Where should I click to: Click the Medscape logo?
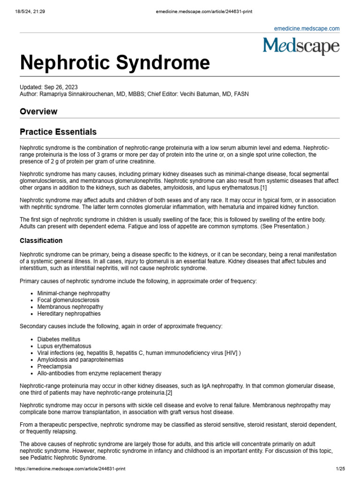(x=301, y=46)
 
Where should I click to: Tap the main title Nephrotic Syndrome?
(x=115, y=63)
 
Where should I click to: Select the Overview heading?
(x=38, y=112)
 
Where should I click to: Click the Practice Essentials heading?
(x=58, y=132)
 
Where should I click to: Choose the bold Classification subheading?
(x=41, y=240)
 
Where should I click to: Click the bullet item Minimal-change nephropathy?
(x=74, y=293)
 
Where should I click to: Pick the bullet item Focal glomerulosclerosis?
(x=68, y=300)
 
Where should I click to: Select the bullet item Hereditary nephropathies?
(x=69, y=314)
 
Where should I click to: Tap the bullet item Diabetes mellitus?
(x=59, y=339)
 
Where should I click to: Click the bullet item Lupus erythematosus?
(x=64, y=346)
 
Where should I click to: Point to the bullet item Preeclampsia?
(x=54, y=367)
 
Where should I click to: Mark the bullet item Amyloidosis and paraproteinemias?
(x=80, y=360)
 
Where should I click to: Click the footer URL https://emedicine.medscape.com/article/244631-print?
(x=70, y=469)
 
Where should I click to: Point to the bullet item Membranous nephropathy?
(x=70, y=307)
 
